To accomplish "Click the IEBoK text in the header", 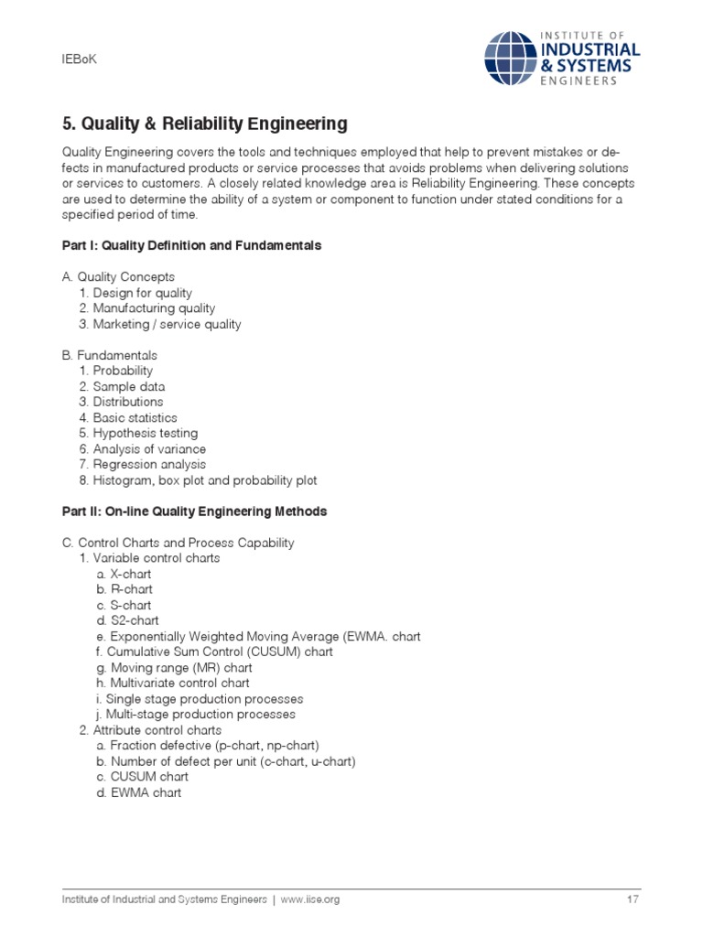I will [79, 59].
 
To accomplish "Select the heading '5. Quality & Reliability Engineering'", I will [204, 123].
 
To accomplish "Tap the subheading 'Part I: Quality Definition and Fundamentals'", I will [191, 246].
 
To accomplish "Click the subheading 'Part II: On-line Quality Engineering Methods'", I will [194, 512].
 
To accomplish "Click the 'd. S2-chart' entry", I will [127, 620].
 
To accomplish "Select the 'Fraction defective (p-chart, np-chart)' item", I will [208, 746].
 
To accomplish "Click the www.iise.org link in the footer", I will [310, 899].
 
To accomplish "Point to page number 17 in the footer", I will [633, 899].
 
